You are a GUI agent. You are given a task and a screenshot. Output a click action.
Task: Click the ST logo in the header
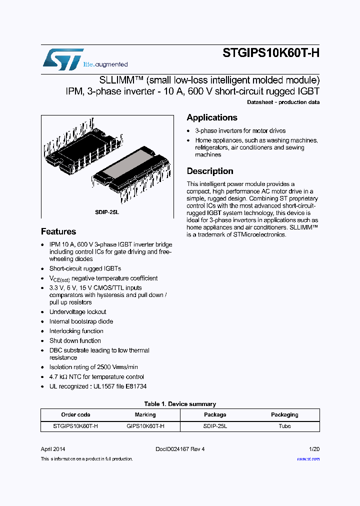[63, 59]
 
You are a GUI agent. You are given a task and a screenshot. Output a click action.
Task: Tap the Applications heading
[212, 117]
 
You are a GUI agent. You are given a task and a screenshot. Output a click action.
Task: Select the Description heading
[210, 171]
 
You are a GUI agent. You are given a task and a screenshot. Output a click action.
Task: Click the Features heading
[58, 231]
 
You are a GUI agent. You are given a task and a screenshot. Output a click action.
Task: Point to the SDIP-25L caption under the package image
[107, 212]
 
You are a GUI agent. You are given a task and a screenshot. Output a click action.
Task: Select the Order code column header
[75, 414]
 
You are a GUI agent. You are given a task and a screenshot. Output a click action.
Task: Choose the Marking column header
[145, 414]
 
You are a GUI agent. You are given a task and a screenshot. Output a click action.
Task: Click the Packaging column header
[284, 414]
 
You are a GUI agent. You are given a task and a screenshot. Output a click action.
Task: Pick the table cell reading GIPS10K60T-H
[145, 426]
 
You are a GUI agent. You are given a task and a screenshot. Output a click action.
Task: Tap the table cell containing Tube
[284, 426]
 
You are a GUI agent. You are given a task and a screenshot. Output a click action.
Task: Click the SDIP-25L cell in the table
[215, 426]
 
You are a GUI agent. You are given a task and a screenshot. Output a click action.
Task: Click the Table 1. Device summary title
[180, 404]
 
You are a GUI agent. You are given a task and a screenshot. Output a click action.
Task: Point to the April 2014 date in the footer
[53, 449]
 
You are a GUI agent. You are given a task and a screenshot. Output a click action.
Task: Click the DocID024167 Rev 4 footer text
[180, 449]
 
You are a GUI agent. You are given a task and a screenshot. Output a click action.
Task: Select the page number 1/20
[314, 449]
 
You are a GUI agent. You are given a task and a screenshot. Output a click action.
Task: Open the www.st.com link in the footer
[308, 458]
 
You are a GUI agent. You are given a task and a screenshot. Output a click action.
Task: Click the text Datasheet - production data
[283, 102]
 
